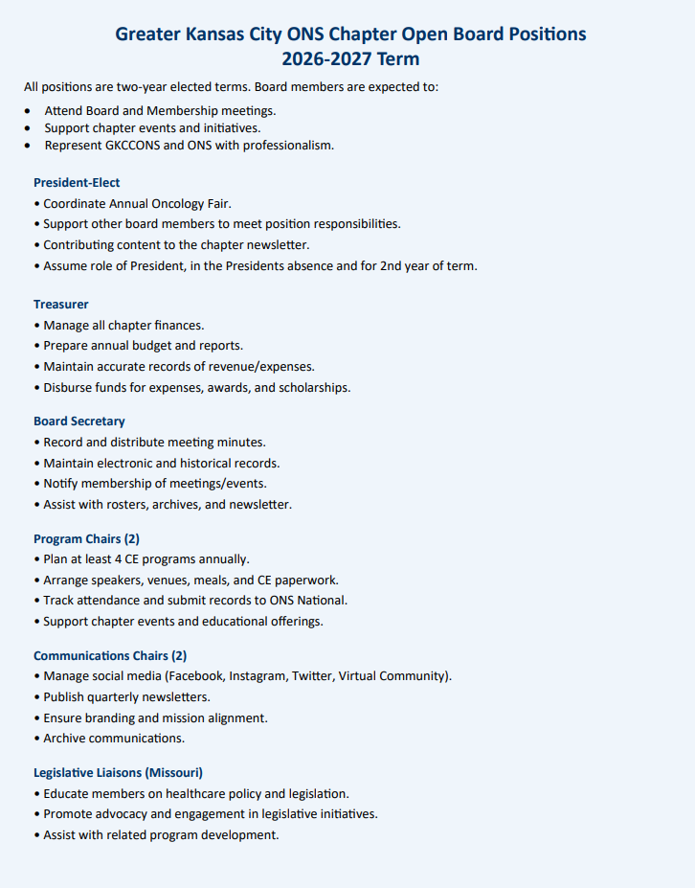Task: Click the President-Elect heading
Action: click(x=77, y=182)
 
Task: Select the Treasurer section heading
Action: click(x=61, y=304)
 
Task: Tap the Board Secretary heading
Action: click(x=79, y=421)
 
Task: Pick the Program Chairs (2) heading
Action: click(x=86, y=538)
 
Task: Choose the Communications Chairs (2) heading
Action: click(x=110, y=655)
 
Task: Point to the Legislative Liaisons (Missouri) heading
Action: click(x=118, y=772)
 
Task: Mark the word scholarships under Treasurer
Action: click(x=313, y=388)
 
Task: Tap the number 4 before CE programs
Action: click(x=128, y=559)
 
